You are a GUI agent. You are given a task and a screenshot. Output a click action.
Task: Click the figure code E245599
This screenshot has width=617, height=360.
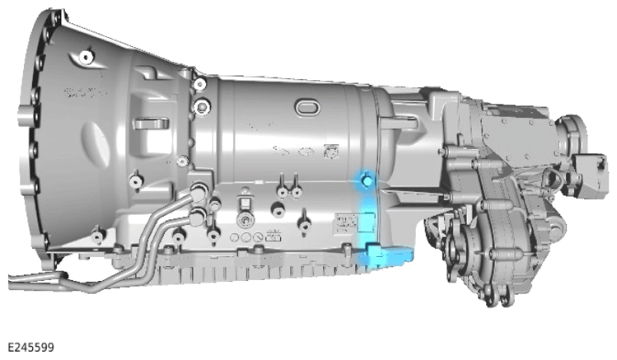click(x=30, y=348)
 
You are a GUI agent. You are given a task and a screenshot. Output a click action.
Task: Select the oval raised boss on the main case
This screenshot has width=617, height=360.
click(x=307, y=107)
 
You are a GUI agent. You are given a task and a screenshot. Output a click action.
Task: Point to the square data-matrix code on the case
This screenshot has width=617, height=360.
click(x=331, y=152)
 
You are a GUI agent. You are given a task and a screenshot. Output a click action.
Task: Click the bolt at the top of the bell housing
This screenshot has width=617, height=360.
click(x=86, y=57)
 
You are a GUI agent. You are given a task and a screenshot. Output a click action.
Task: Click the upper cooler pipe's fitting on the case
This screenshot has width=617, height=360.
click(x=199, y=189)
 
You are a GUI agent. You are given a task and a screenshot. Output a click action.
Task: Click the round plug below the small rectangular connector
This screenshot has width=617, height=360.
click(x=245, y=219)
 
